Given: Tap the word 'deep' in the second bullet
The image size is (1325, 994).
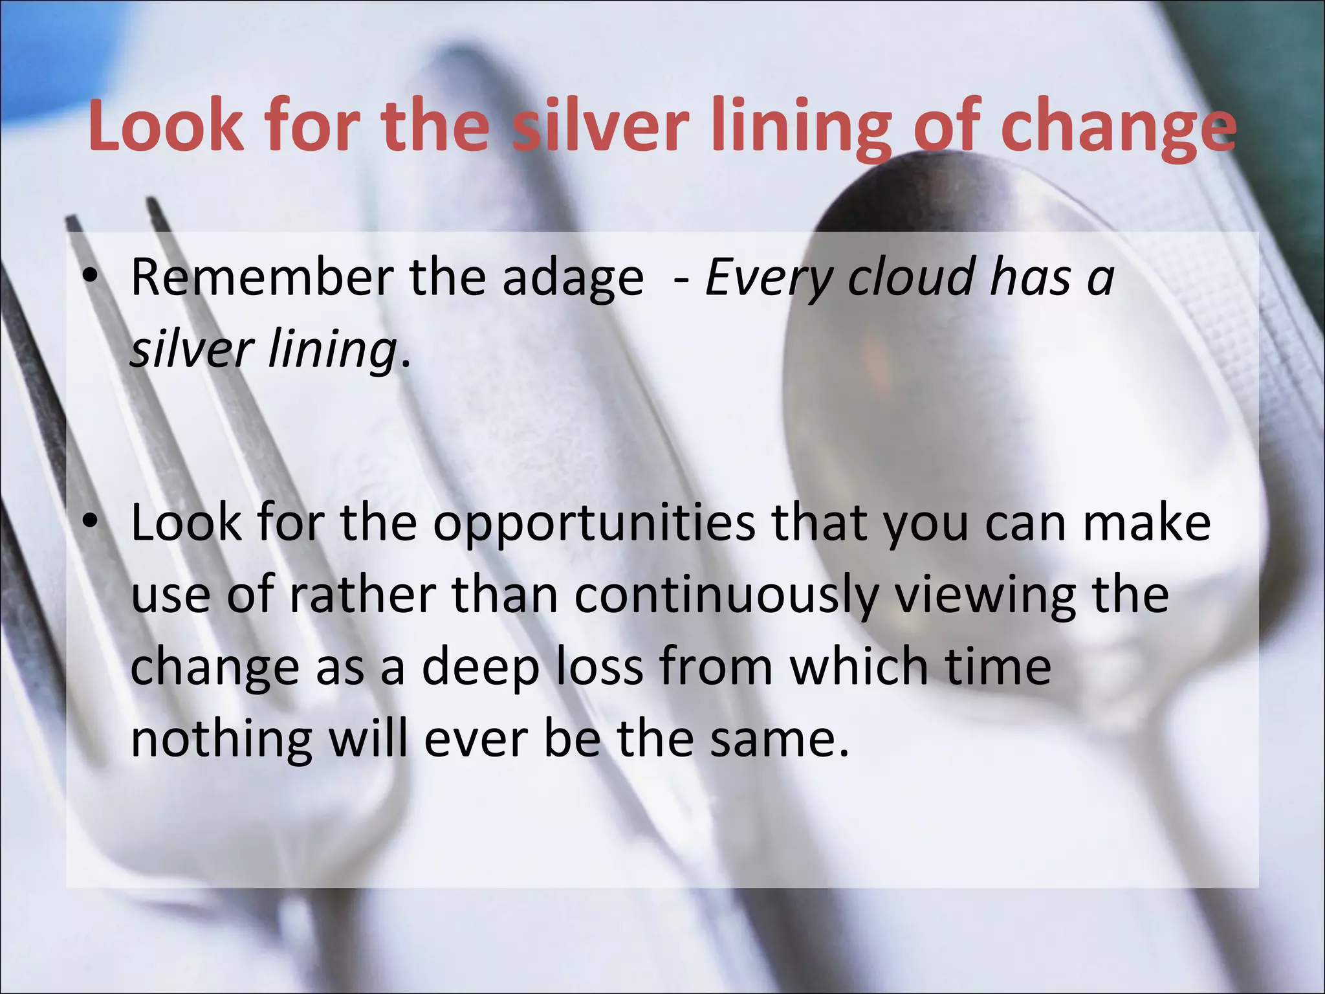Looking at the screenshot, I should tap(480, 668).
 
